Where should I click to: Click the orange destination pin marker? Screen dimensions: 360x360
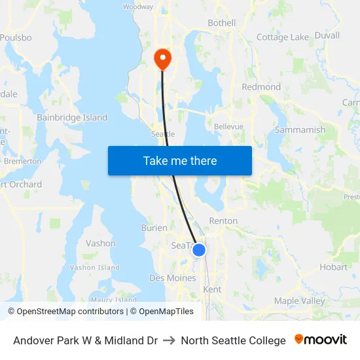coord(162,59)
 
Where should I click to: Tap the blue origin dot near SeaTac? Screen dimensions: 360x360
coord(199,250)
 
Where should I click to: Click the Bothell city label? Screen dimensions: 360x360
coord(221,23)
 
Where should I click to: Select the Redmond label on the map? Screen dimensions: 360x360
coord(261,87)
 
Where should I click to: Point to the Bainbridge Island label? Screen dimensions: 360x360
coord(72,118)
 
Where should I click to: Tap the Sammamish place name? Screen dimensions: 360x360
coord(300,130)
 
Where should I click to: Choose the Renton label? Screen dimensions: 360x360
coord(223,221)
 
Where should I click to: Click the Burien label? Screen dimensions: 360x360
coord(154,228)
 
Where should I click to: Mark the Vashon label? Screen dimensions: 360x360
coord(101,243)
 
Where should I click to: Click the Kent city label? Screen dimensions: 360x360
coord(213,289)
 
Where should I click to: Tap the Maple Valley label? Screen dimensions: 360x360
coord(299,301)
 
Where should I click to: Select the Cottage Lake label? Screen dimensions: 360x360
coord(282,37)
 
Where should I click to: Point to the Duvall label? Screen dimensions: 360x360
coord(327,35)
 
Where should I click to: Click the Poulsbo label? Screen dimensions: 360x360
coord(16,38)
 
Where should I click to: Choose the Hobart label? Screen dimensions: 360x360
coord(334,267)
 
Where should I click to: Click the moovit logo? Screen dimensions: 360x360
coord(321,340)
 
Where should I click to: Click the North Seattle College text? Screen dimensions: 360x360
coord(234,340)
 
